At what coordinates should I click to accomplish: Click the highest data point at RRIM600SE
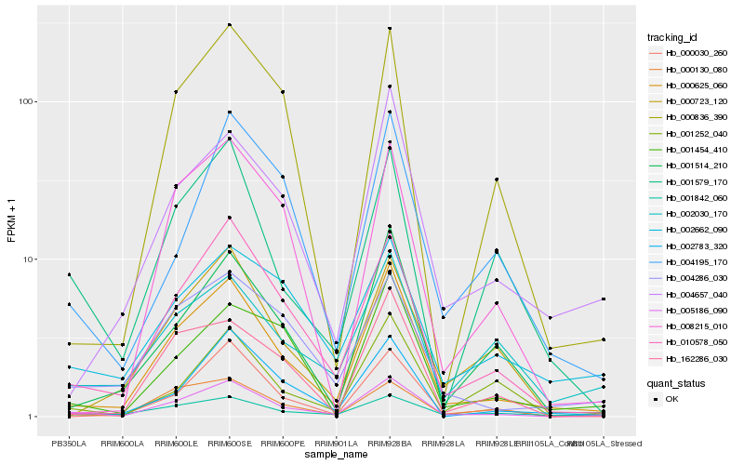[x=229, y=25]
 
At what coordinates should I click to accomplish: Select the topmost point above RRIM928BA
[x=390, y=29]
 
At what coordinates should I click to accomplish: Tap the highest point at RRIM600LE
[x=175, y=92]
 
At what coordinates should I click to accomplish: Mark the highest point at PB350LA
[x=68, y=275]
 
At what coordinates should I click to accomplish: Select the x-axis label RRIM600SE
[x=229, y=442]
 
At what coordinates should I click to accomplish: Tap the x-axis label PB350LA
[x=68, y=442]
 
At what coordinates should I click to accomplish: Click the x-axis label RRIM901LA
[x=336, y=442]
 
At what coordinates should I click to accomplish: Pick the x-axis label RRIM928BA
[x=390, y=442]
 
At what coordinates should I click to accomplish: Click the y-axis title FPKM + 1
[x=11, y=222]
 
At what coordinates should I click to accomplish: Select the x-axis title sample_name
[x=336, y=455]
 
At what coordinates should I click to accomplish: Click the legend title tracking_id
[x=674, y=38]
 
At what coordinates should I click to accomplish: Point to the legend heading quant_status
[x=677, y=382]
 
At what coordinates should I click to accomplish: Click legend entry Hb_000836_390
[x=696, y=117]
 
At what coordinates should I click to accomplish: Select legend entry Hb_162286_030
[x=696, y=357]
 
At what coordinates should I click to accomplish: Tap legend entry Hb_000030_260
[x=696, y=54]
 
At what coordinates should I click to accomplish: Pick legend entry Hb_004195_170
[x=696, y=261]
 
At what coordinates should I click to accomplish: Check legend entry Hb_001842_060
[x=696, y=197]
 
